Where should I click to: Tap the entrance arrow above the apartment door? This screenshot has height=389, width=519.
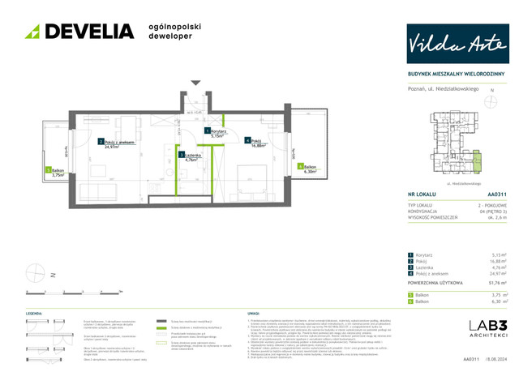(x=195, y=82)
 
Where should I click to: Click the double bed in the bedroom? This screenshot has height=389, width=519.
(x=252, y=173)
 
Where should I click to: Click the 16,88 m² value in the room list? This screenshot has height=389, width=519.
(x=493, y=262)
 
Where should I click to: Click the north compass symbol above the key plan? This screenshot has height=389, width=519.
(x=491, y=103)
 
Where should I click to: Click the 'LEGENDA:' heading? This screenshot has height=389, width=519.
(x=34, y=312)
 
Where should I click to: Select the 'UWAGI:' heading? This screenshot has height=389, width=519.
(x=252, y=312)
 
